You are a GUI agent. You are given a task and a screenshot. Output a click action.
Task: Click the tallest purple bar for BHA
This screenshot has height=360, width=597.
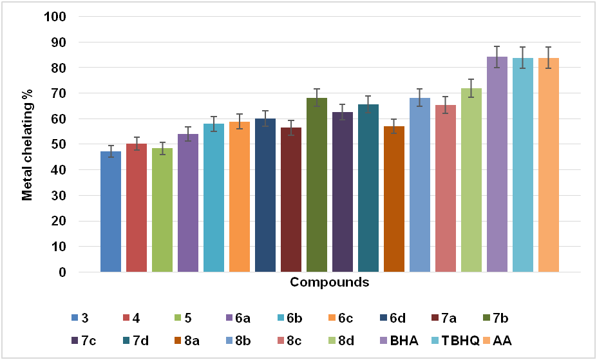tap(497, 164)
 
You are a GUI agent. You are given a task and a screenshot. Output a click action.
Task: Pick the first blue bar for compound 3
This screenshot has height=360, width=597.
tap(111, 212)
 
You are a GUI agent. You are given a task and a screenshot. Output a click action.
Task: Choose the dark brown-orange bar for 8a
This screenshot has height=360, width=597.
tap(394, 199)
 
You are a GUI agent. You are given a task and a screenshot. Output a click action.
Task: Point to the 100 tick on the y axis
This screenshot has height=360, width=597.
tap(58, 17)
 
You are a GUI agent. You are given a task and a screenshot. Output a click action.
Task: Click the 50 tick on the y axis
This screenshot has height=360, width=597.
tap(61, 144)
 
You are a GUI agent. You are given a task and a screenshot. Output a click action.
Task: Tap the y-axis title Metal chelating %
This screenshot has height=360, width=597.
tap(27, 144)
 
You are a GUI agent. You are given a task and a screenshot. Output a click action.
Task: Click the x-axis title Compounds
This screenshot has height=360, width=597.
tap(329, 282)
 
